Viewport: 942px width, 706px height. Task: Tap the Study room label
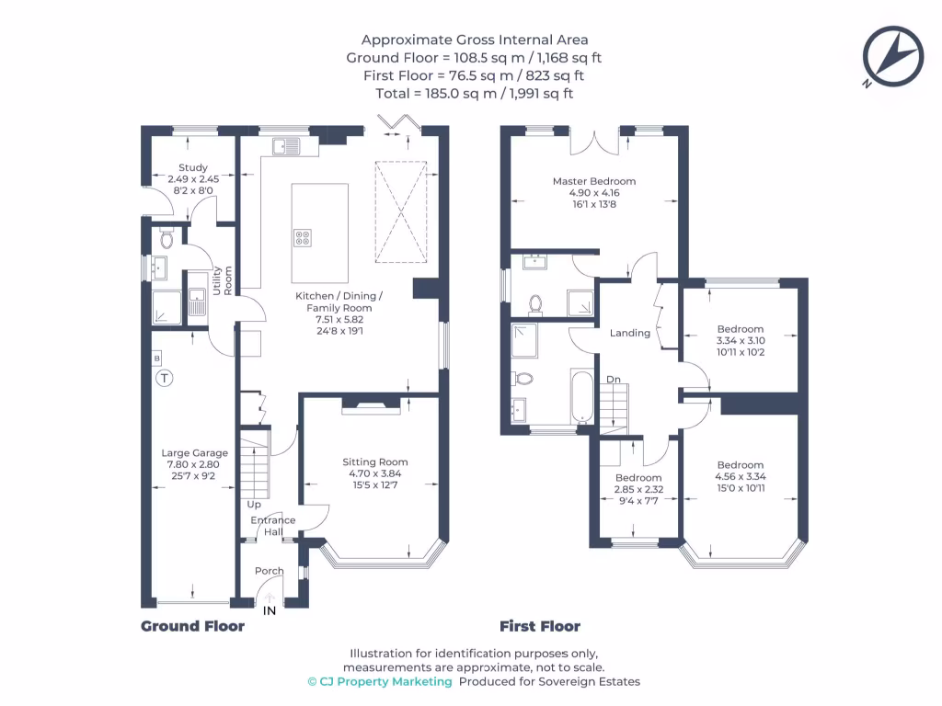[193, 168]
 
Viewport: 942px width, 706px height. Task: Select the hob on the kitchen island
[303, 237]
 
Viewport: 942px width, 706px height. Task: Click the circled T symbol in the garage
[164, 377]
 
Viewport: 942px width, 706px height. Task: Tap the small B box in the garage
[156, 358]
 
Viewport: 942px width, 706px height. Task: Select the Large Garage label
[194, 453]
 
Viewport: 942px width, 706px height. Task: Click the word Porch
[269, 571]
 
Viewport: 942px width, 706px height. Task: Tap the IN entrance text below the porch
[270, 610]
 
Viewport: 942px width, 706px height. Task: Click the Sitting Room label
[374, 462]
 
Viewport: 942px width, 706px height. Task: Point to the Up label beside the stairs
[253, 505]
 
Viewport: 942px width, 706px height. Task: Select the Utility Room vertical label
[223, 280]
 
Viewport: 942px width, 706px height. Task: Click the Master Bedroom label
[593, 181]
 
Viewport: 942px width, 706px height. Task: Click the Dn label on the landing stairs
[613, 379]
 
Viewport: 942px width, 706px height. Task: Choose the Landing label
[630, 333]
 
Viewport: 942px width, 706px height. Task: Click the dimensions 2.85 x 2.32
[638, 490]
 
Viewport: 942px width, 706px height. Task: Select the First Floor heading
[539, 627]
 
